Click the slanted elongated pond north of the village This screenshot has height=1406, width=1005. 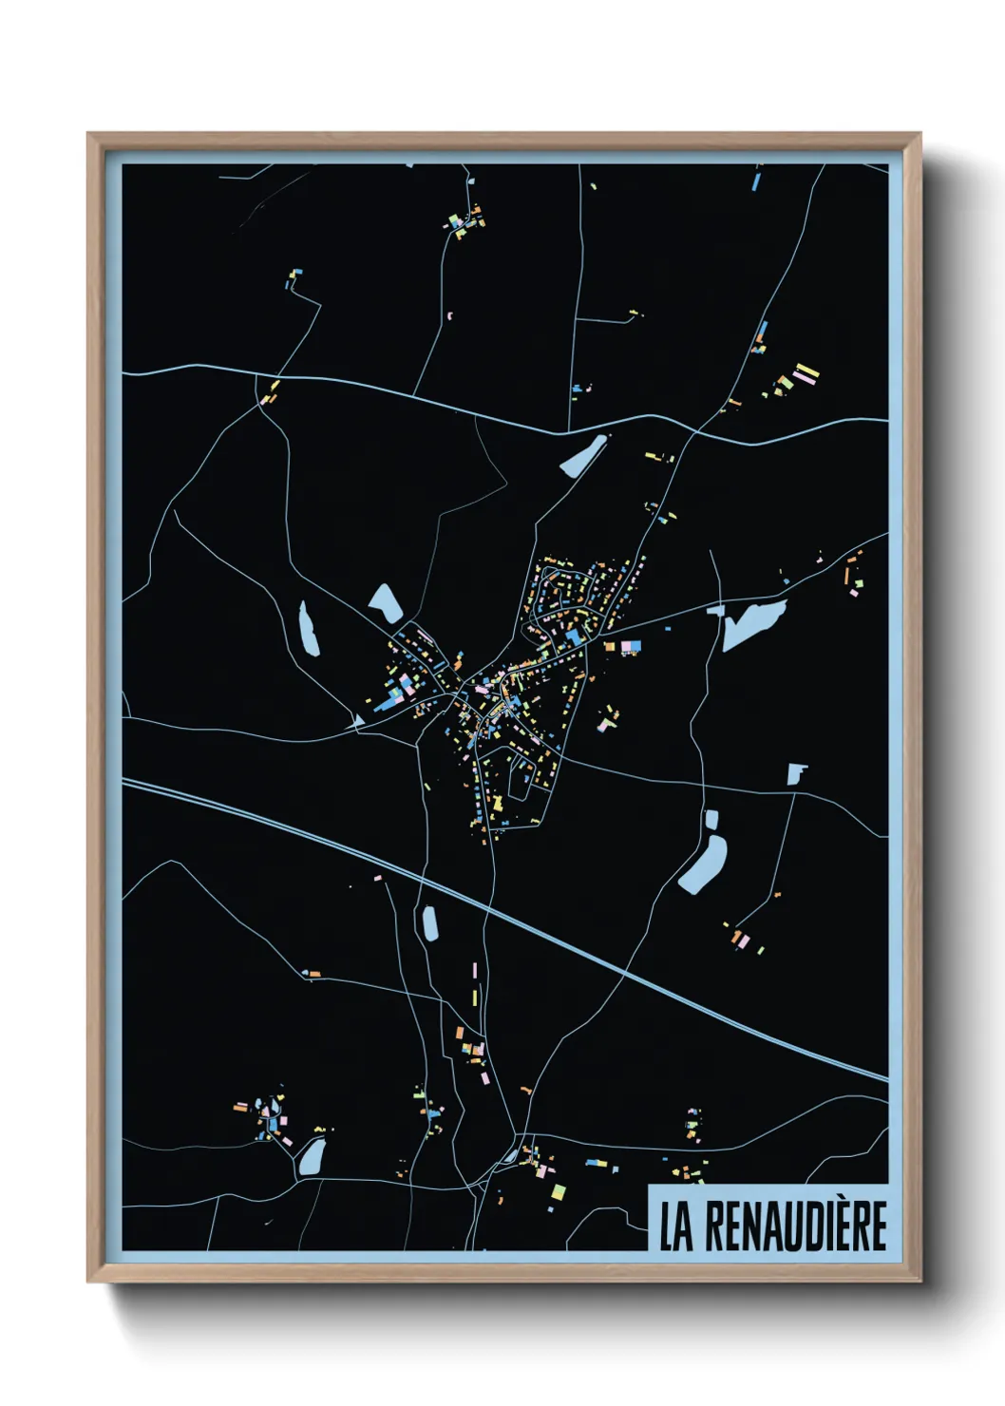583,455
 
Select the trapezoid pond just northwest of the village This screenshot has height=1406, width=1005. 386,603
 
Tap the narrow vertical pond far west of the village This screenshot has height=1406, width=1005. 308,628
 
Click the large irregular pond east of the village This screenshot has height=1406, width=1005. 751,623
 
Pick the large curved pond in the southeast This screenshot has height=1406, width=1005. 703,865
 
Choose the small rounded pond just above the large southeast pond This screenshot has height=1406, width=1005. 711,819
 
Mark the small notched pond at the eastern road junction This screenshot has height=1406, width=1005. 796,773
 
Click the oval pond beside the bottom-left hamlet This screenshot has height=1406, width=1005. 310,1158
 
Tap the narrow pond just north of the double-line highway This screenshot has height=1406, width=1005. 428,921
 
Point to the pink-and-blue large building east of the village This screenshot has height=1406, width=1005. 630,647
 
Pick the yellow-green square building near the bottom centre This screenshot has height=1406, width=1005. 559,1191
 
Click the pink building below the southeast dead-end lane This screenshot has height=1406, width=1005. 744,940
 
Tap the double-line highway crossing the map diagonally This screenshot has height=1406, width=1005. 570,940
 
